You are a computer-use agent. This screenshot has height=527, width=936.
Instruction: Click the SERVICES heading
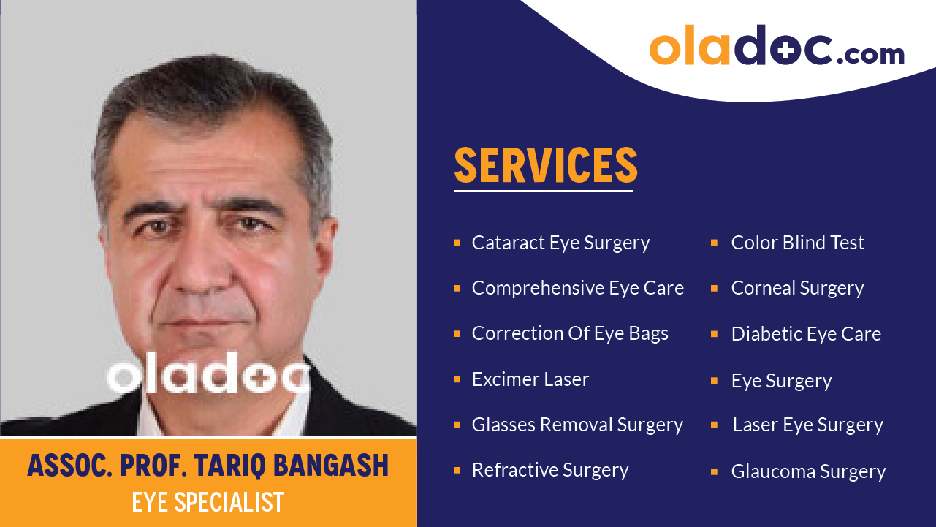(x=546, y=165)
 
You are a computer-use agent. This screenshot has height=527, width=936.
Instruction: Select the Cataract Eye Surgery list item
(x=560, y=243)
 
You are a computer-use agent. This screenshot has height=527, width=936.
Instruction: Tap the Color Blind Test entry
(x=797, y=243)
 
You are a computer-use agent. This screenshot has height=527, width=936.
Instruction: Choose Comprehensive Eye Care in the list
(x=577, y=288)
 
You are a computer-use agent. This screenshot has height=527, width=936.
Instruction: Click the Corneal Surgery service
(x=797, y=288)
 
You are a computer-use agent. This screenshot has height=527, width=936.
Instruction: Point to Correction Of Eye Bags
(x=570, y=333)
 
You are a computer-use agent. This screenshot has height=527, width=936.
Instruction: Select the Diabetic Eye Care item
(x=806, y=334)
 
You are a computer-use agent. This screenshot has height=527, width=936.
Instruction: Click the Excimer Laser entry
(x=530, y=379)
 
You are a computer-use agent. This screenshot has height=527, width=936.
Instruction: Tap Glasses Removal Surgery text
(x=577, y=425)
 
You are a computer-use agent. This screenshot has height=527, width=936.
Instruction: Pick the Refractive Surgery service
(x=550, y=470)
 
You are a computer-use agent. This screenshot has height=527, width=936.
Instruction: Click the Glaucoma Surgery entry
(x=808, y=471)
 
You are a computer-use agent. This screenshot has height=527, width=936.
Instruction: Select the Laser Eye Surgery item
(x=807, y=425)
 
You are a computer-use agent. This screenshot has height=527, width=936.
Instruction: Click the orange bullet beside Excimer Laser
(x=457, y=379)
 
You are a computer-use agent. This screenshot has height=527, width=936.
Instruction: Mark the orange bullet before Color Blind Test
(x=714, y=243)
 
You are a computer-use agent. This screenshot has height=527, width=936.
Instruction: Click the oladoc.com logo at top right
(x=776, y=48)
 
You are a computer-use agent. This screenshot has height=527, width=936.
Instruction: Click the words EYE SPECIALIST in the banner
(x=208, y=503)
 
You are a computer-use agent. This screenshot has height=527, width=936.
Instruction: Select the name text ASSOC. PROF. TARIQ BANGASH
(x=208, y=466)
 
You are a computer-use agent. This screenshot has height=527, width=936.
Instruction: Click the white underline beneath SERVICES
(x=543, y=191)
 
